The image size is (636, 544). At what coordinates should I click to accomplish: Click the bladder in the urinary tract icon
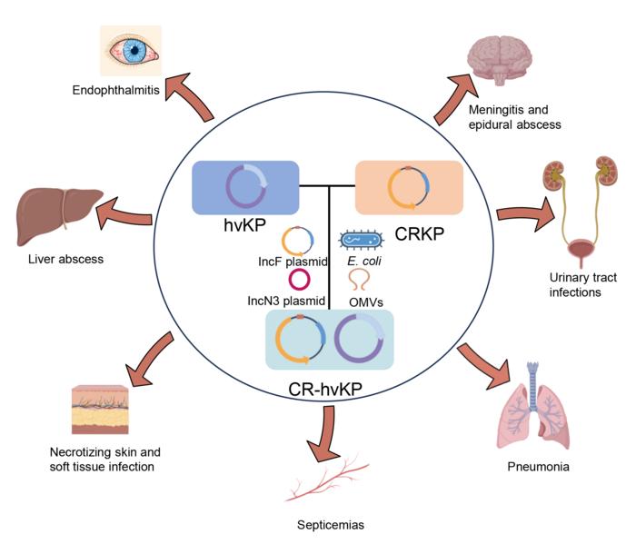coord(578,250)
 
